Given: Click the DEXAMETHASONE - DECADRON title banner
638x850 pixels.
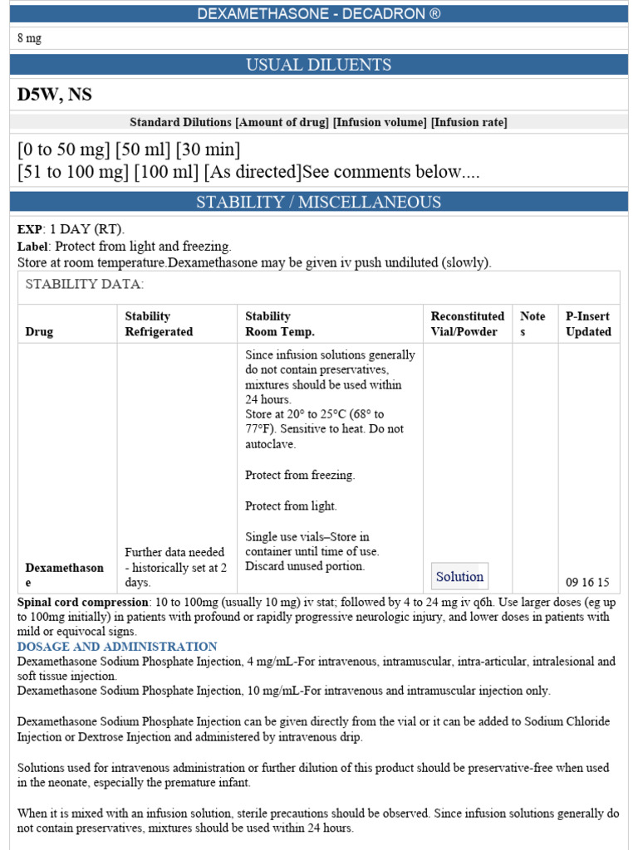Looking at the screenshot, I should click(x=319, y=14).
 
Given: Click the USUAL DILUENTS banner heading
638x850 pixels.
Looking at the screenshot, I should click(x=319, y=65).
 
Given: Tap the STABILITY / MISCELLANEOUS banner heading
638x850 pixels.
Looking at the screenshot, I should click(x=319, y=202).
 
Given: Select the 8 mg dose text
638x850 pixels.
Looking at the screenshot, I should click(x=30, y=39).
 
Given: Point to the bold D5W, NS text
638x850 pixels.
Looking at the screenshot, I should click(x=55, y=95).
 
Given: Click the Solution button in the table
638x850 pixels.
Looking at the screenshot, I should click(x=459, y=576).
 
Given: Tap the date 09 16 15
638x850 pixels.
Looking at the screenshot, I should click(x=587, y=582).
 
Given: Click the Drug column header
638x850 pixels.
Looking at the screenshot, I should click(x=39, y=331).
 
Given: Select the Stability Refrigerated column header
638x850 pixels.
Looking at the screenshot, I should click(x=158, y=324).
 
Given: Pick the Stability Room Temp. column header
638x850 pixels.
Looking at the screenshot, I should click(x=280, y=324).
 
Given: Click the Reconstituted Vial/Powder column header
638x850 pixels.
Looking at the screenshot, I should click(x=467, y=324).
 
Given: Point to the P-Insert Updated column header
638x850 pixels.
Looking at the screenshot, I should click(x=588, y=324).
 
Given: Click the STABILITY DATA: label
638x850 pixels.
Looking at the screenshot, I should click(x=85, y=285).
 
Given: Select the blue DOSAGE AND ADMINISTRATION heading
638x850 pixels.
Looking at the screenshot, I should click(x=117, y=647).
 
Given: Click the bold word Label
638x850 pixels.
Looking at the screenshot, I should click(x=33, y=247).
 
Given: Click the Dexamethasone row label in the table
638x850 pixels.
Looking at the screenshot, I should click(x=64, y=574).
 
